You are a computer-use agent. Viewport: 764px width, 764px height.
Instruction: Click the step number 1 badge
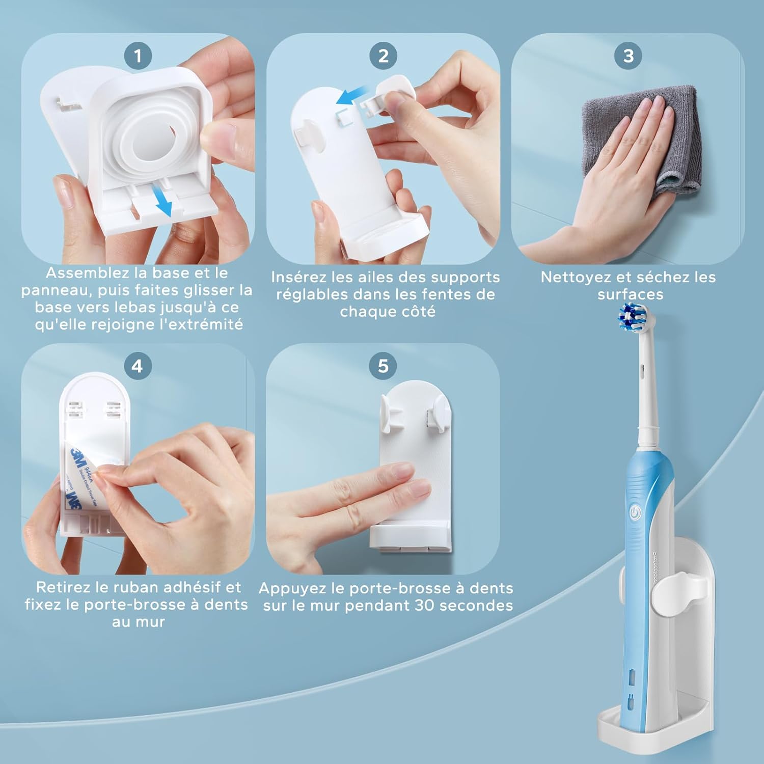tap(138, 56)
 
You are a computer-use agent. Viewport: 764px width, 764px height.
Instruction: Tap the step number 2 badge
tap(383, 56)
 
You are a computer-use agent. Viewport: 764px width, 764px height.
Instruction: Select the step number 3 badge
tap(629, 56)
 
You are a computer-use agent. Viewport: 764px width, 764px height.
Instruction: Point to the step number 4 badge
tap(138, 366)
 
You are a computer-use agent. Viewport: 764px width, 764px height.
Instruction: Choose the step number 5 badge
tap(383, 366)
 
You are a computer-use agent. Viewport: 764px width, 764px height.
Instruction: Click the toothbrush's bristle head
tap(632, 317)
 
